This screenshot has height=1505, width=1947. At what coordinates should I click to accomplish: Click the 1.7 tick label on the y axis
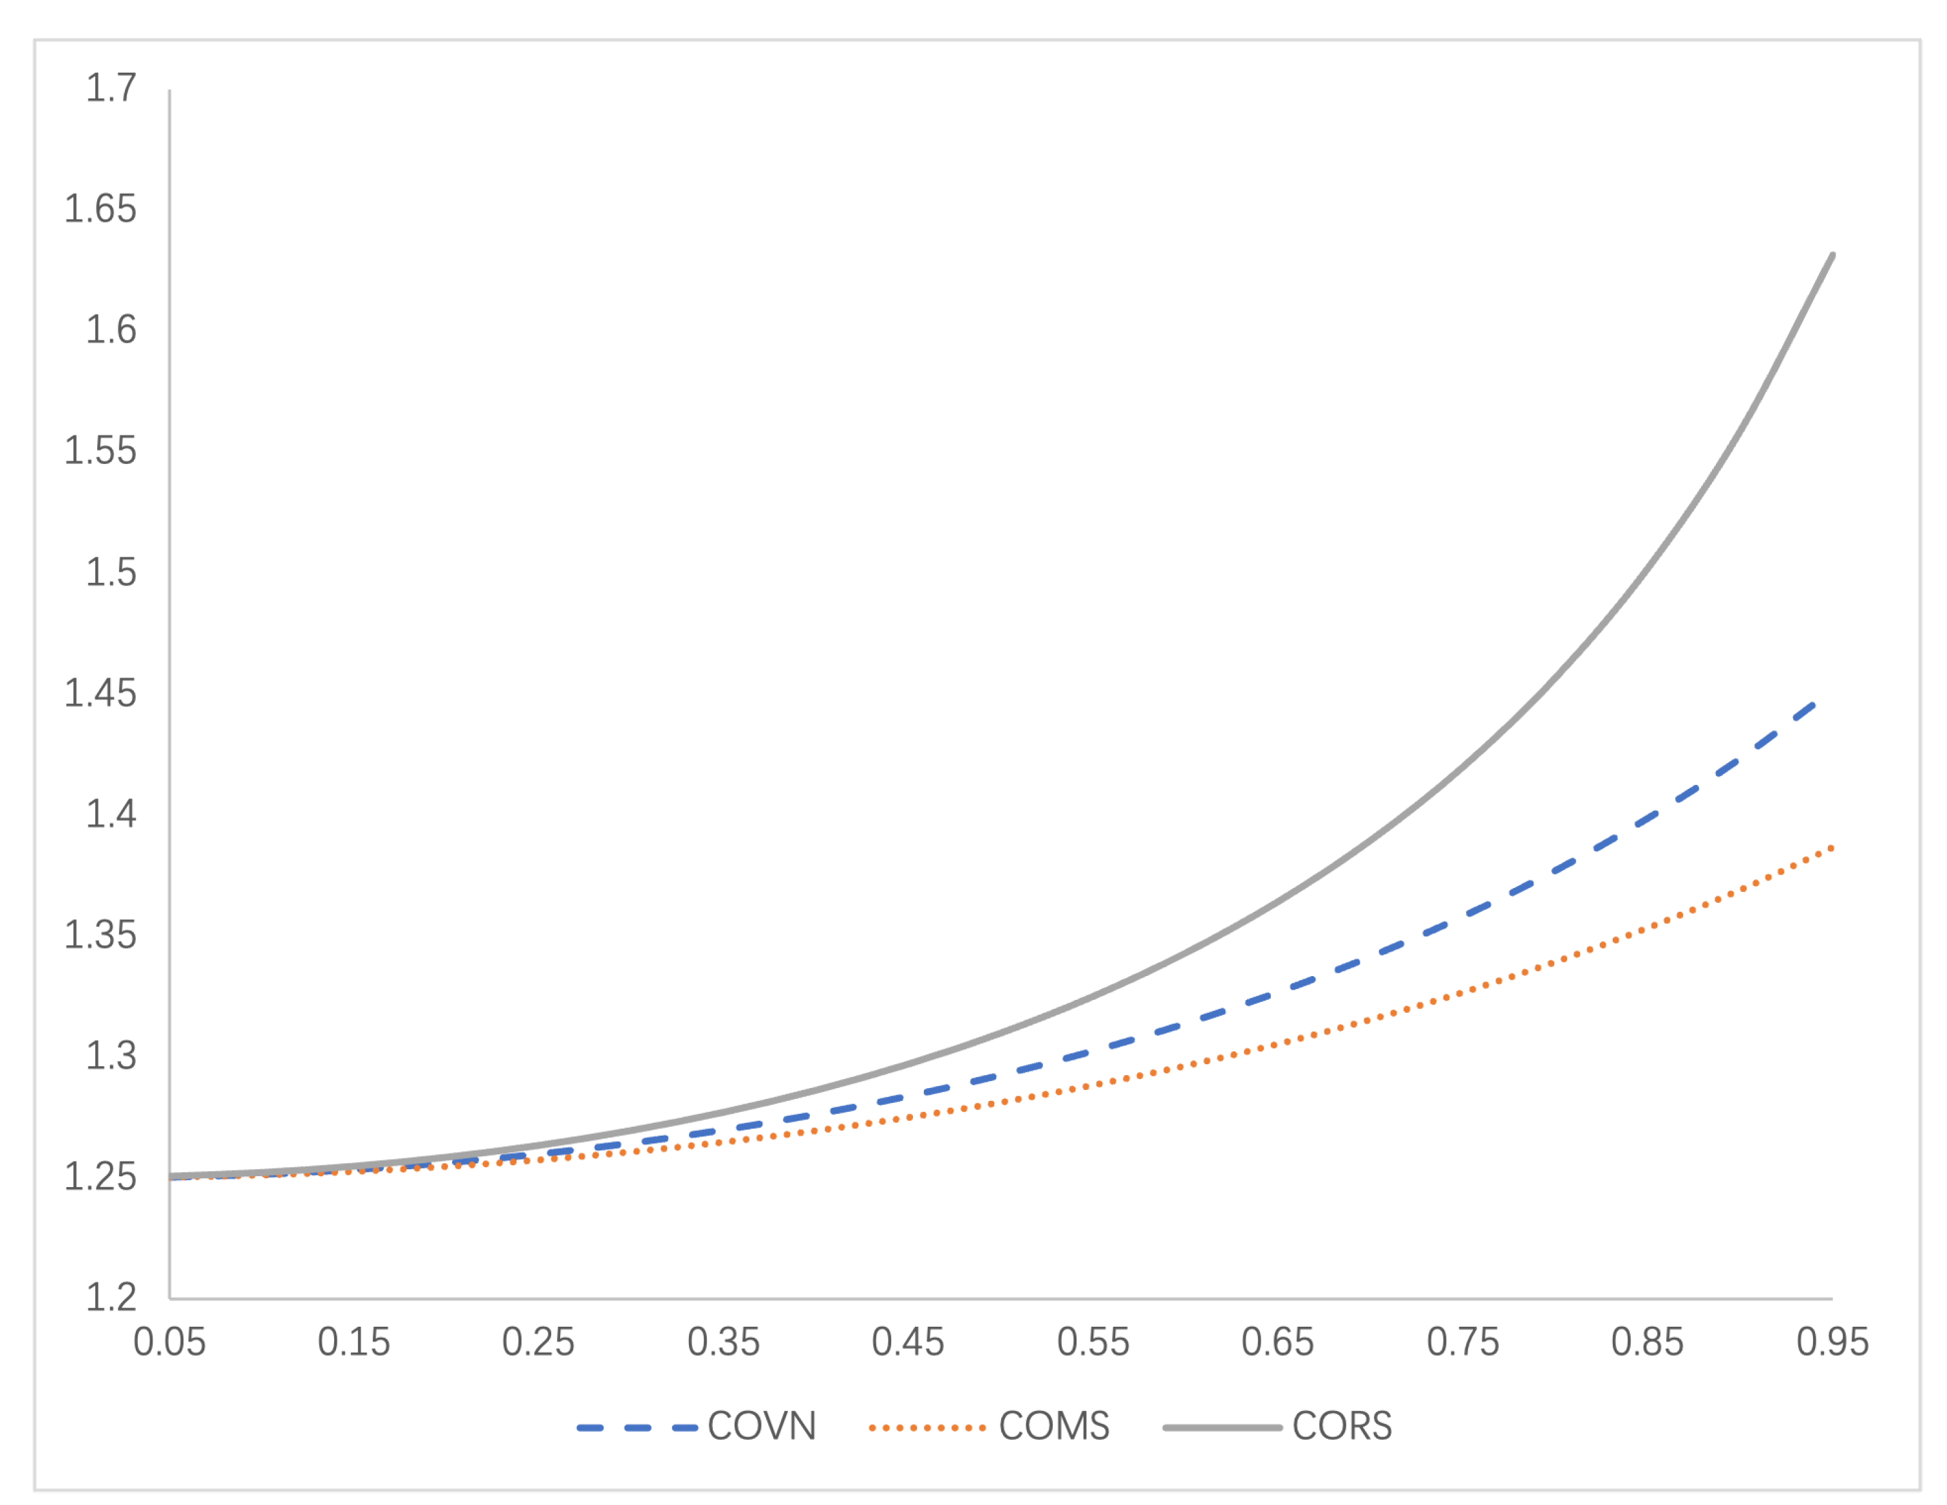[111, 88]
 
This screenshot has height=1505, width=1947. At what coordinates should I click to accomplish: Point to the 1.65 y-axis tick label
[100, 209]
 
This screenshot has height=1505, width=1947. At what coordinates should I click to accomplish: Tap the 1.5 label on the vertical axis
[111, 572]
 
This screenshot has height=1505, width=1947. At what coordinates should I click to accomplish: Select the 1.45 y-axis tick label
[100, 693]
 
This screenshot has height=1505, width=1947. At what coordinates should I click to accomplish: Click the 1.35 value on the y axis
[100, 935]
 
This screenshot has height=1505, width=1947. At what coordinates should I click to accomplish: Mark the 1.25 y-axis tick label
[100, 1177]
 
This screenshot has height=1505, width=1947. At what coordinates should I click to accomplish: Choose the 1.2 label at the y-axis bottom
[111, 1297]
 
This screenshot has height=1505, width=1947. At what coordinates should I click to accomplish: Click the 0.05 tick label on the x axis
[169, 1342]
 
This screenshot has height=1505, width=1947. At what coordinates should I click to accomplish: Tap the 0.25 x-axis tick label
[538, 1342]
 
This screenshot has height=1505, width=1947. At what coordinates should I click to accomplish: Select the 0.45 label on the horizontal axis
[908, 1342]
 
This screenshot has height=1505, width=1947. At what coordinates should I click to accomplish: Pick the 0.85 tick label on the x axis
[1648, 1342]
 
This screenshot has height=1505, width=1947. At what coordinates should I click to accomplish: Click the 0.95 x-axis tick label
[1832, 1342]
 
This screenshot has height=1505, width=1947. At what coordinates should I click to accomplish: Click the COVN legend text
[762, 1427]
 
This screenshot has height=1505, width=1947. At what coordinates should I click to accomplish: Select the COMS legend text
[1055, 1427]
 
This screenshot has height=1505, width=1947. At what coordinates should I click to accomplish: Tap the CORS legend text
[1342, 1427]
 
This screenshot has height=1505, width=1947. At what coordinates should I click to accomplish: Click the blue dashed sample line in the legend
[637, 1428]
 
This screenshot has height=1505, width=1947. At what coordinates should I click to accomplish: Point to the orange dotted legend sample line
[927, 1428]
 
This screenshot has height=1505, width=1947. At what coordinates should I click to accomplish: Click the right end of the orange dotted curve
[1832, 847]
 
